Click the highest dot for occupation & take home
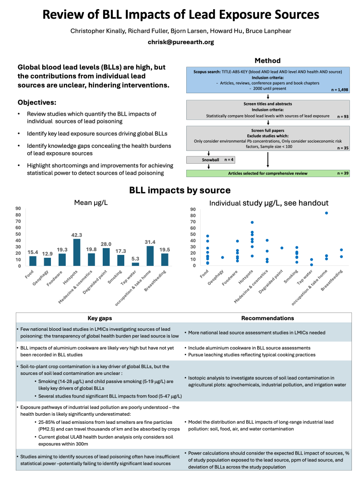click(326, 213)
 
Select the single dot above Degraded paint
click(282, 248)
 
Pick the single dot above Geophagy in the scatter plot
click(222, 258)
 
